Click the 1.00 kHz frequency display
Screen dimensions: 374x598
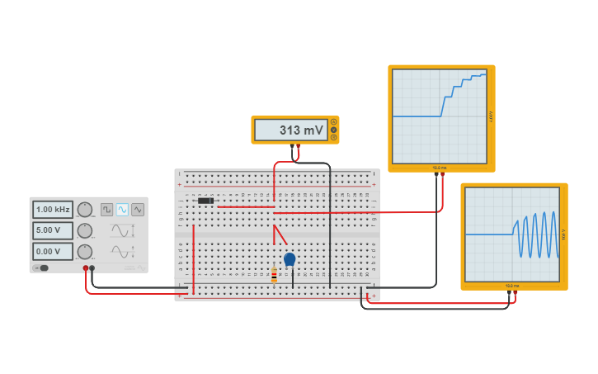coord(53,210)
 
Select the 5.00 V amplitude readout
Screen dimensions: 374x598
coord(53,230)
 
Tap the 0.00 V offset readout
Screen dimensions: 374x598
coord(53,251)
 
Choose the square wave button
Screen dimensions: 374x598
coord(106,210)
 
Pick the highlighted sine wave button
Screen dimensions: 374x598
coord(122,210)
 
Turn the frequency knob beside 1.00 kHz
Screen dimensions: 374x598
coord(85,210)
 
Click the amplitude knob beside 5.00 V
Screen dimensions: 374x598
coord(85,230)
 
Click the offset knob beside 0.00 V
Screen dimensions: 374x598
coord(85,251)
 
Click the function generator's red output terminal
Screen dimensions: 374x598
coord(85,268)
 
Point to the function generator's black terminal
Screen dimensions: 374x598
coord(92,268)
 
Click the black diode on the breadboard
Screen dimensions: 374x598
coord(205,201)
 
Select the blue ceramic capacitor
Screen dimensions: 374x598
coord(290,259)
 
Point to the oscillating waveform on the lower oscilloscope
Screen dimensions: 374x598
coord(536,234)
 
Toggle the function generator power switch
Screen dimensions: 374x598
coord(42,267)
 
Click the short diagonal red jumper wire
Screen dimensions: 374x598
coord(280,234)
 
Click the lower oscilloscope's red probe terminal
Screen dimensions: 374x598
coord(516,292)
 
